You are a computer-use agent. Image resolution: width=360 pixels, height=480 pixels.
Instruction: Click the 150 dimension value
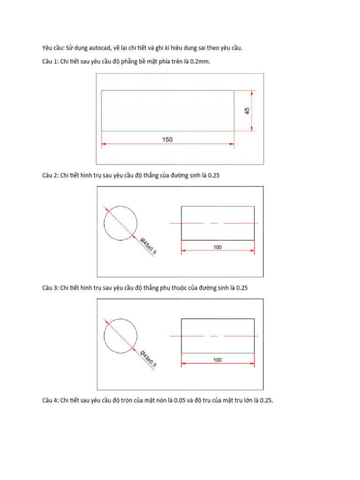click(167, 139)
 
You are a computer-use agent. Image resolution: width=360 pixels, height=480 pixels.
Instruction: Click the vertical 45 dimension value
click(247, 111)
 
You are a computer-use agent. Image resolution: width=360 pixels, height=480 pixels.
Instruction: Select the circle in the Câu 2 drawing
click(120, 223)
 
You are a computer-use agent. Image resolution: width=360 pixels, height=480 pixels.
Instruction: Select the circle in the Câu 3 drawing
click(120, 336)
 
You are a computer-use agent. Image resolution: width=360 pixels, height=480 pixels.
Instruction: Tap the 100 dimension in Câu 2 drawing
click(217, 247)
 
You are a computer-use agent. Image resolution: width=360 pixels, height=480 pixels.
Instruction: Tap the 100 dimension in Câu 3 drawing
click(217, 360)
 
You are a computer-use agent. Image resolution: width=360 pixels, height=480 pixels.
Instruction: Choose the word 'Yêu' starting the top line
click(47, 48)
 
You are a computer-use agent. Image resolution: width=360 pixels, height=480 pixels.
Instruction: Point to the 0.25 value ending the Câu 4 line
click(266, 400)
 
